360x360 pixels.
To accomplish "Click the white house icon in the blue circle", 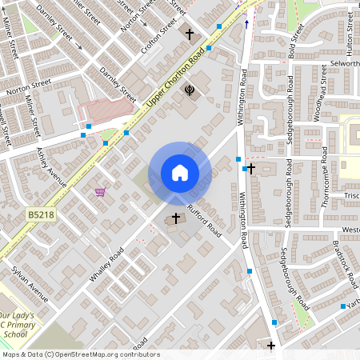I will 179,173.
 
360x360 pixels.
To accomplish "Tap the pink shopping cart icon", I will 100,192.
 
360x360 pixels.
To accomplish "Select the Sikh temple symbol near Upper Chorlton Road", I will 190,90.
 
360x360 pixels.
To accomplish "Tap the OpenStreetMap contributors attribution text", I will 80,354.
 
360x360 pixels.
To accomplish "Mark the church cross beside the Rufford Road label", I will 176,218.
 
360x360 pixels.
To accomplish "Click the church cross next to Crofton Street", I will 190,34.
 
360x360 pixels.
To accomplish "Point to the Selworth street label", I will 345,62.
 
